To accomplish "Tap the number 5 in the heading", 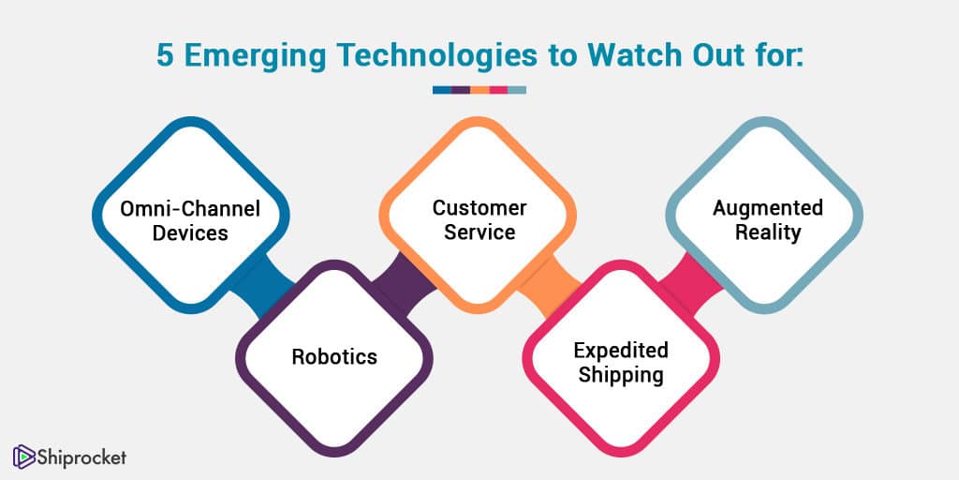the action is [165, 55].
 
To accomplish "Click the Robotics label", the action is [334, 356].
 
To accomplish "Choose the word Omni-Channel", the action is [190, 209].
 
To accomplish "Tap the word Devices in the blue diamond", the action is [190, 233].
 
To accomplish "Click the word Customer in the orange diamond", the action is [479, 208].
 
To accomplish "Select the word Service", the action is [479, 232].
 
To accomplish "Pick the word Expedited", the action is [621, 352].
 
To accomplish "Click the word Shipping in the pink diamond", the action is [621, 375].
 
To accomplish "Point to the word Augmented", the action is [768, 208].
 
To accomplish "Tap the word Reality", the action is [768, 233].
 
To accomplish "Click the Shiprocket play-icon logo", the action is [23, 457].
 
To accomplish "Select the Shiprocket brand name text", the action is [81, 457].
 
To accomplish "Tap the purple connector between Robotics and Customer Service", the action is [405, 284].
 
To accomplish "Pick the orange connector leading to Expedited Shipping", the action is [549, 286].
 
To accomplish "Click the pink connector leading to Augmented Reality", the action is [692, 284].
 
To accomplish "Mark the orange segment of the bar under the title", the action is [479, 90].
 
